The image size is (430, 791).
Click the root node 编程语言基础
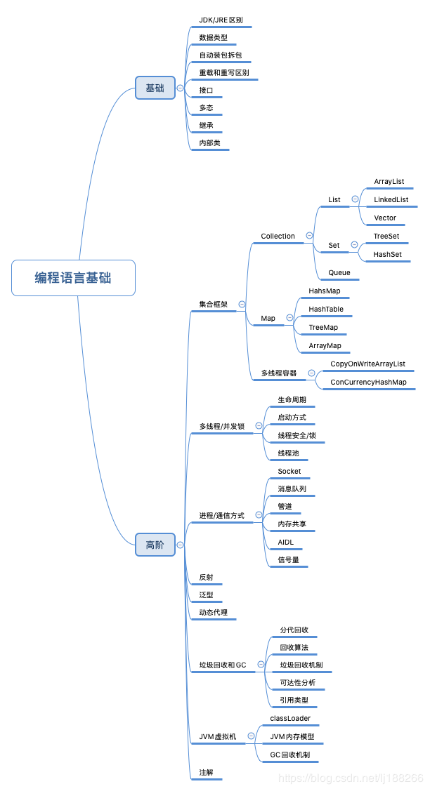tap(73, 278)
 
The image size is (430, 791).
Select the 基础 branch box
tap(155, 88)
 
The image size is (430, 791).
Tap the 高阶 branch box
tap(155, 545)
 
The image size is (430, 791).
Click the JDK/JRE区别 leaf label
tap(221, 20)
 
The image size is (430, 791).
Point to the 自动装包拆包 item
tap(220, 55)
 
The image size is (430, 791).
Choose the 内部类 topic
tap(209, 142)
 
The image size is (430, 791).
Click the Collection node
tap(278, 237)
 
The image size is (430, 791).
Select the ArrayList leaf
tap(389, 181)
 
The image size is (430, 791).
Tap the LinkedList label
tap(391, 199)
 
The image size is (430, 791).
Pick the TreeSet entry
tap(386, 237)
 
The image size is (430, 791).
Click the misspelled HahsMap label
tap(324, 291)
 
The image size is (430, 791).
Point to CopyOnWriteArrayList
tap(367, 364)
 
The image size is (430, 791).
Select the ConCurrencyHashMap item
tap(368, 383)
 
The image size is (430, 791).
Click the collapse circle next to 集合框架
tap(242, 305)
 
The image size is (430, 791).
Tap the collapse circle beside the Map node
tap(289, 318)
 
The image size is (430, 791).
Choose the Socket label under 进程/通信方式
tap(289, 471)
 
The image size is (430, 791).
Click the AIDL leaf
tap(285, 543)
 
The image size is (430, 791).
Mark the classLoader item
tap(290, 719)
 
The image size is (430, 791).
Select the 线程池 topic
tap(288, 453)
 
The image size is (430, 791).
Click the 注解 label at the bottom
tap(206, 772)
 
